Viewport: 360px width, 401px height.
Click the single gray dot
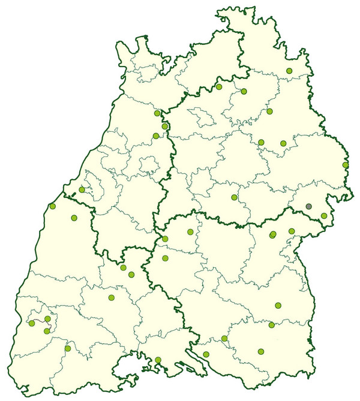pyautogui.click(x=309, y=206)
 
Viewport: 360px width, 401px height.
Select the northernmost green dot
pyautogui.click(x=289, y=71)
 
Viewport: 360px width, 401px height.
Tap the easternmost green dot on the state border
pyautogui.click(x=346, y=165)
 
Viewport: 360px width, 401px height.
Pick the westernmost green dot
pyautogui.click(x=32, y=323)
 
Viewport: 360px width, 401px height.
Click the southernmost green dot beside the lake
pyautogui.click(x=158, y=360)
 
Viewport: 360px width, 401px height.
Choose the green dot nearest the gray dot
pyautogui.click(x=324, y=216)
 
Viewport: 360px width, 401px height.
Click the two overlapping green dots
pyautogui.click(x=272, y=234)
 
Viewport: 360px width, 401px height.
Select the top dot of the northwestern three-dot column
pyautogui.click(x=157, y=113)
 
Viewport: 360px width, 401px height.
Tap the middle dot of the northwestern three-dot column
pyautogui.click(x=165, y=126)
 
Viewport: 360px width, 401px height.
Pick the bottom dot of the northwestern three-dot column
pyautogui.click(x=156, y=135)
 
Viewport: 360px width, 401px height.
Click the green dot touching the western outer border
pyautogui.click(x=53, y=206)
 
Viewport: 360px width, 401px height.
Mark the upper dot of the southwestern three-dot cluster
pyautogui.click(x=48, y=318)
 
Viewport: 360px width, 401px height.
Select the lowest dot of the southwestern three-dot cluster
pyautogui.click(x=47, y=331)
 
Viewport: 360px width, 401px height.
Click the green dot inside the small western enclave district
pyautogui.click(x=82, y=189)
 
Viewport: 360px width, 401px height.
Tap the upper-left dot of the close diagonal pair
pyautogui.click(x=123, y=267)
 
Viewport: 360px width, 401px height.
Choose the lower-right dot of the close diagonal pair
pyautogui.click(x=131, y=275)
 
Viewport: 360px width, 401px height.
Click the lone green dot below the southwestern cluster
pyautogui.click(x=68, y=348)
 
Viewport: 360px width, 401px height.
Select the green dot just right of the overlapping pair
pyautogui.click(x=292, y=231)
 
